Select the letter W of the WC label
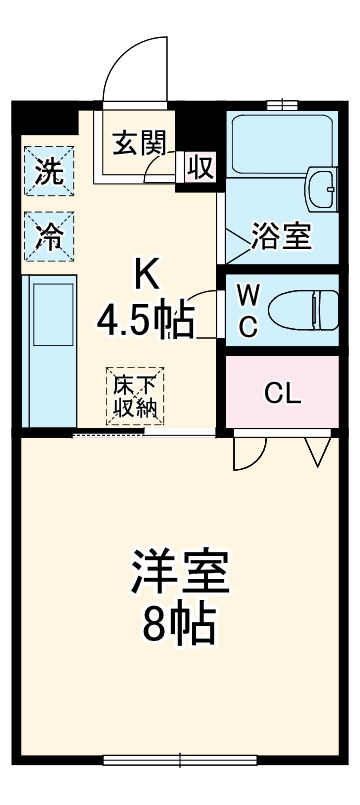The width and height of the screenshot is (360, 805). (x=248, y=295)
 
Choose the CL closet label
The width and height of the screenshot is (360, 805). (x=283, y=392)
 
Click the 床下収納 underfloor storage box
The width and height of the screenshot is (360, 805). (x=136, y=396)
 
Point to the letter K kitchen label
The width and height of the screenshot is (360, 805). (x=148, y=273)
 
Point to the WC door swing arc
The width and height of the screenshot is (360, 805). (x=204, y=313)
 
